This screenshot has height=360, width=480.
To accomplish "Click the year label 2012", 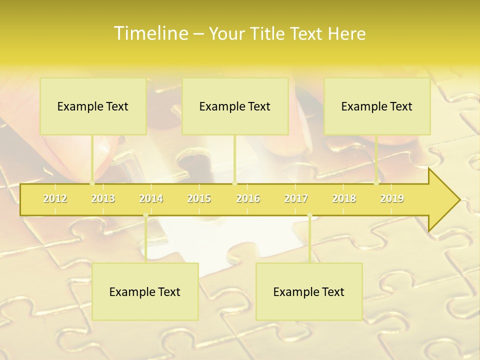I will pyautogui.click(x=55, y=198).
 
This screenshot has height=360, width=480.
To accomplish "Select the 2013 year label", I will pyautogui.click(x=103, y=198).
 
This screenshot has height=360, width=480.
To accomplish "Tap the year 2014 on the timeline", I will pyautogui.click(x=151, y=198).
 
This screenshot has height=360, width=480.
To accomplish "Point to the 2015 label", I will pyautogui.click(x=199, y=198).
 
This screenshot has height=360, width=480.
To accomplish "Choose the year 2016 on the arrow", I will pyautogui.click(x=248, y=198).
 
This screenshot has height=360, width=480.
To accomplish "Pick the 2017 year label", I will pyautogui.click(x=296, y=198).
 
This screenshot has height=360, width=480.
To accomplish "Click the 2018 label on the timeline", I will pyautogui.click(x=344, y=198).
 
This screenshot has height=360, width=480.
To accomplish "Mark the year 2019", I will pyautogui.click(x=392, y=198).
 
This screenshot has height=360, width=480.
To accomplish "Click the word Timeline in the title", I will pyautogui.click(x=150, y=33).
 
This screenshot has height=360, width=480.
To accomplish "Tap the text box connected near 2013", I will pyautogui.click(x=93, y=106).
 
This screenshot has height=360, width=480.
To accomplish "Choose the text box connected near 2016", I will pyautogui.click(x=235, y=106).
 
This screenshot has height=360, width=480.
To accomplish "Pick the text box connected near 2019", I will pyautogui.click(x=377, y=106).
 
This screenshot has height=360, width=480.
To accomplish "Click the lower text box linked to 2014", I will pyautogui.click(x=145, y=291).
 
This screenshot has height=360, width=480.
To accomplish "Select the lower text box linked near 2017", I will pyautogui.click(x=309, y=291).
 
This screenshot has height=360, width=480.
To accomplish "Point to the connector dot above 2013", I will pyautogui.click(x=92, y=183).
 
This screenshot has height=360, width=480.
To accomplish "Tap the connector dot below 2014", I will pyautogui.click(x=145, y=215).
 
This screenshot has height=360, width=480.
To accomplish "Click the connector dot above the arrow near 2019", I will pyautogui.click(x=376, y=183).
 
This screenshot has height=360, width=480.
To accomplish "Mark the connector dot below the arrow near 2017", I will pyautogui.click(x=309, y=215).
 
